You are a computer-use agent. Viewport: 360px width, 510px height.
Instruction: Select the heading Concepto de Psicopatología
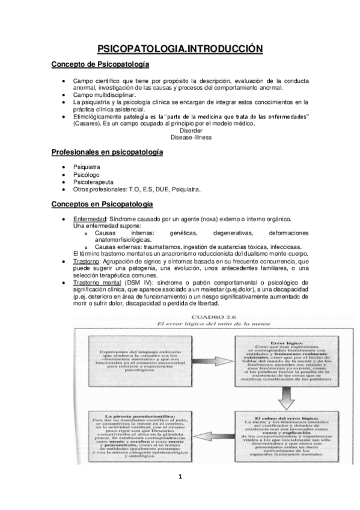click(x=100, y=64)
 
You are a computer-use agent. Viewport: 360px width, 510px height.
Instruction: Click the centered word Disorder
click(x=191, y=130)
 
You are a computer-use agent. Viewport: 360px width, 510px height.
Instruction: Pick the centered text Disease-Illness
click(x=191, y=137)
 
